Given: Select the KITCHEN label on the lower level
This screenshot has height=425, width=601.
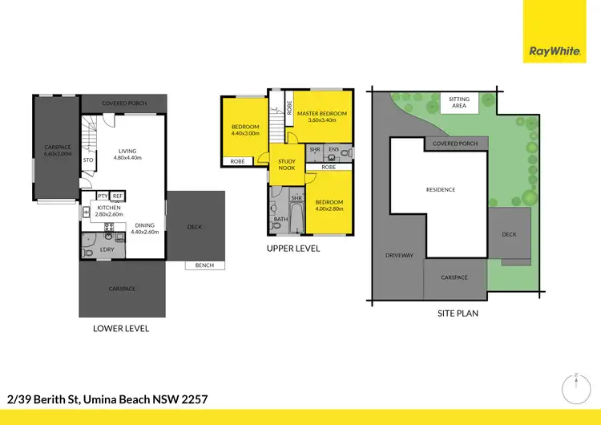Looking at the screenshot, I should pos(108,211).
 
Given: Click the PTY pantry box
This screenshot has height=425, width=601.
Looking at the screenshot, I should pos(103,196).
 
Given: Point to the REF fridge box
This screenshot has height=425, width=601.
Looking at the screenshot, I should pos(117,196).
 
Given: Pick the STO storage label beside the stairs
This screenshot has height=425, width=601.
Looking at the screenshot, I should pos(88,160).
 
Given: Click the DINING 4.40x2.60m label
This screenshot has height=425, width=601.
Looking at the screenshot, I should pos(145,229).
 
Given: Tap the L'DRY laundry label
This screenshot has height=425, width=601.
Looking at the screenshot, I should pos(108,249).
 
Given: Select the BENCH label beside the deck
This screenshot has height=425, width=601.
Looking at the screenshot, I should pos(204,265).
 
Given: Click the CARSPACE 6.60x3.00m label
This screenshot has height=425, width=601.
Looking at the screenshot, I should pos(57,151).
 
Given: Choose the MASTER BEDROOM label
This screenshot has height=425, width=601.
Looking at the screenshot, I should pos(321,117).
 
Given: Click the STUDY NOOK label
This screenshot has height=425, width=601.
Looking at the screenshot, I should pos(287,164).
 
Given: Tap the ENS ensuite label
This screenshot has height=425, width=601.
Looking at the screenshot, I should pos(333,150).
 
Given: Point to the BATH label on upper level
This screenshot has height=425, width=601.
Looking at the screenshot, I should pos(280,219).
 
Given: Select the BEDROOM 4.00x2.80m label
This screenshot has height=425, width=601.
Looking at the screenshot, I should pos(329,205).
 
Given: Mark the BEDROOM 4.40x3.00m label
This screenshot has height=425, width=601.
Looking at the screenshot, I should pos(245,131).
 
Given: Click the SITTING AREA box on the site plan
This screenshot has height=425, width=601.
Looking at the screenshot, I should pos(459,102).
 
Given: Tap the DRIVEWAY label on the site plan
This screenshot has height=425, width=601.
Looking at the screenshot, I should pos(398,256).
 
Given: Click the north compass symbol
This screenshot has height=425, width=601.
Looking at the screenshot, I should pos(576,390).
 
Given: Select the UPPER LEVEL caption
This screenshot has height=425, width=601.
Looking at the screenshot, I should pos(293,249).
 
